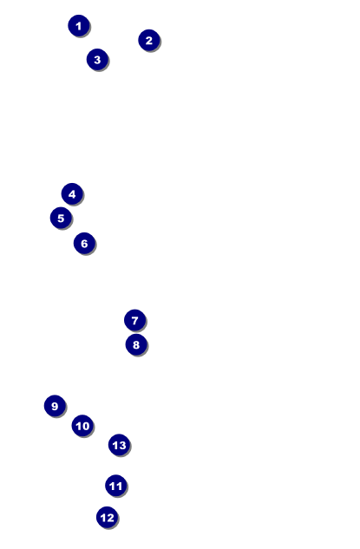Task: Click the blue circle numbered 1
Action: click(79, 25)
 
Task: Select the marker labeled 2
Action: click(149, 40)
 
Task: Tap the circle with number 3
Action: click(97, 60)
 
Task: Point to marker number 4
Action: click(72, 194)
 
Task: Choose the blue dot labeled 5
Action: click(61, 219)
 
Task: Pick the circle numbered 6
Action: click(84, 244)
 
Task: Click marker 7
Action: click(134, 320)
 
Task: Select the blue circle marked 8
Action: click(136, 344)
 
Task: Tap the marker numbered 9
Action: click(55, 406)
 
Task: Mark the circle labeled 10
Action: click(82, 426)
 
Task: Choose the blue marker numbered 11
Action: click(116, 486)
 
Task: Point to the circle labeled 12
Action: click(108, 518)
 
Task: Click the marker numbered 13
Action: click(119, 445)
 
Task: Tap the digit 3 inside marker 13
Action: click(122, 446)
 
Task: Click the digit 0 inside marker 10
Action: click(86, 426)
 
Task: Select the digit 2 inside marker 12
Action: click(110, 518)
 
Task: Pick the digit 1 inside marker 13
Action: click(115, 446)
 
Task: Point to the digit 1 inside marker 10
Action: click(79, 426)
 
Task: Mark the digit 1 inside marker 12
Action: click(103, 518)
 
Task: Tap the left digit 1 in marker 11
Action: click(113, 486)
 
